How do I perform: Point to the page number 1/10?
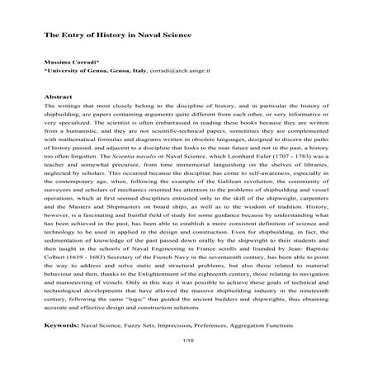(x=186, y=340)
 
